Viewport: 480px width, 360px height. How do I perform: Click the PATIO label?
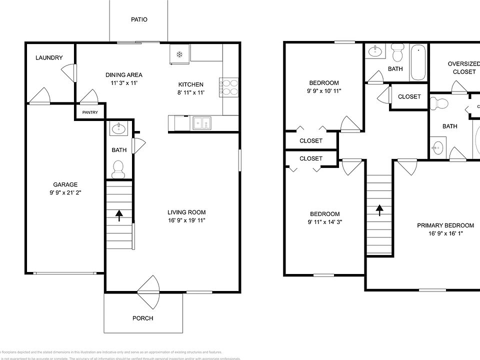click(139, 20)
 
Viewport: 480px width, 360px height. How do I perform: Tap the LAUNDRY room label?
click(49, 58)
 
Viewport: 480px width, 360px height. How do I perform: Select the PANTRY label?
click(90, 112)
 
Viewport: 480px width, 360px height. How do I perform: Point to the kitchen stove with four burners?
click(227, 87)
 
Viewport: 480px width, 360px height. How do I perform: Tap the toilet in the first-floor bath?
click(118, 169)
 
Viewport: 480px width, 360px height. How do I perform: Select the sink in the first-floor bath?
click(119, 128)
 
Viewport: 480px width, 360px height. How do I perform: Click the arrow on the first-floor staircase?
click(119, 215)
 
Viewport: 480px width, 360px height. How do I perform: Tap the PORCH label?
click(142, 318)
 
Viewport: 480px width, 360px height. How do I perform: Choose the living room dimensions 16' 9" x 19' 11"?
click(186, 220)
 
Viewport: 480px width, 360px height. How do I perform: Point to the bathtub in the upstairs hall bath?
click(418, 63)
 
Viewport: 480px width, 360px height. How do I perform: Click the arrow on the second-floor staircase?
click(379, 210)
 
